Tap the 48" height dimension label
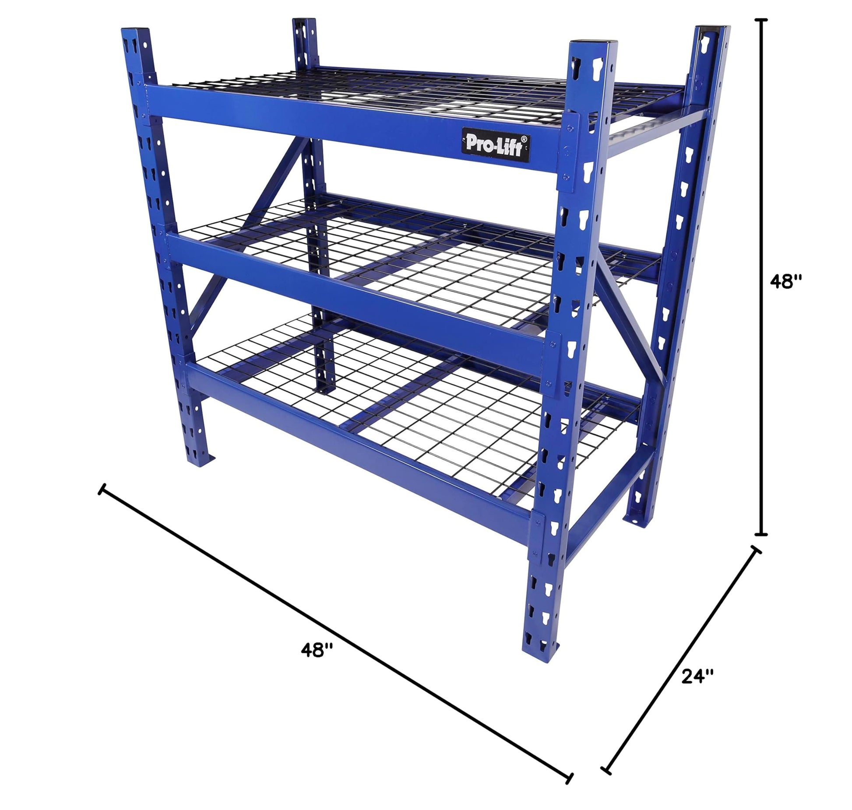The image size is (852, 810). tap(786, 282)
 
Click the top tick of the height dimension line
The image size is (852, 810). tap(763, 20)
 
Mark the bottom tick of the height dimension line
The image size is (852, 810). tap(763, 534)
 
